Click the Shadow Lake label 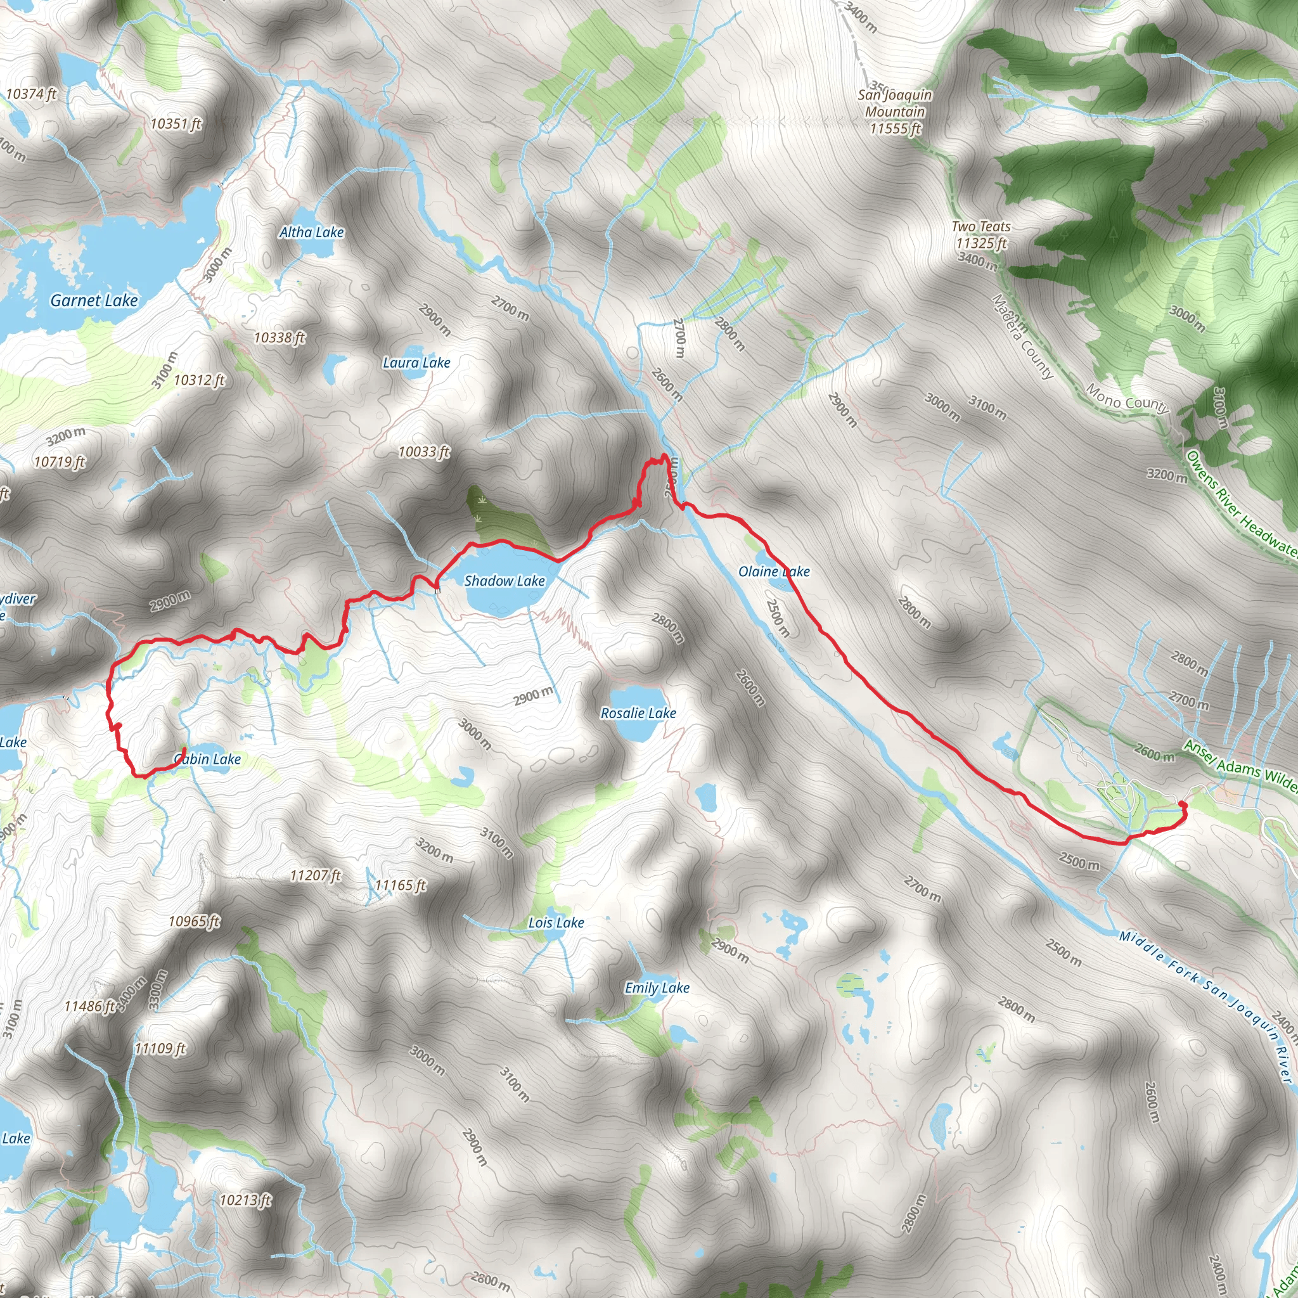coord(504,581)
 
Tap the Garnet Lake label coord(94,301)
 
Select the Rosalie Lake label coord(638,713)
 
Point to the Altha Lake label coord(312,233)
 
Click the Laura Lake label coord(416,363)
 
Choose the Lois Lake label coord(556,922)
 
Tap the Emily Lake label coord(657,987)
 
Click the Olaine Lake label coord(774,572)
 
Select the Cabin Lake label coord(208,759)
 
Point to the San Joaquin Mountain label coord(895,112)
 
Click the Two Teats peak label coord(981,235)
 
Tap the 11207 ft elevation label coord(315,875)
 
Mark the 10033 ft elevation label coord(423,451)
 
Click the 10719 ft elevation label coord(60,461)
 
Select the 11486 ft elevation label coord(90,1006)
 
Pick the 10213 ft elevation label coord(245,1199)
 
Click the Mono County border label coord(1128,399)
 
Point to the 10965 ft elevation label coord(194,921)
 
